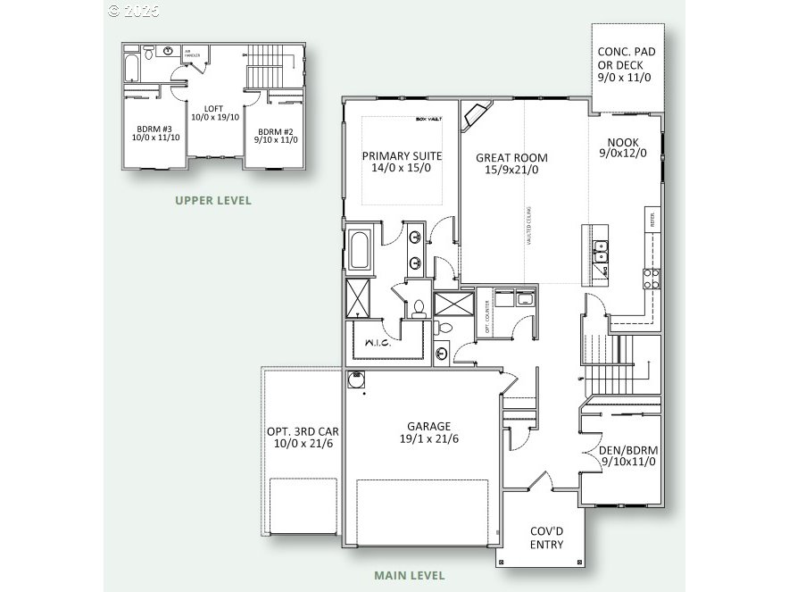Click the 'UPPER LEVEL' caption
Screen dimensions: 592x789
pyautogui.click(x=213, y=200)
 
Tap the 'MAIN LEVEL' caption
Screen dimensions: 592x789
pyautogui.click(x=410, y=576)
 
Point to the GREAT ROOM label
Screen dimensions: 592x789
pyautogui.click(x=511, y=163)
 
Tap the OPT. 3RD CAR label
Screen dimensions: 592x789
pyautogui.click(x=303, y=437)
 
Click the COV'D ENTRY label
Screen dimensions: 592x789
pyautogui.click(x=546, y=538)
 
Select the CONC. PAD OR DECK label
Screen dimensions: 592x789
pyautogui.click(x=627, y=64)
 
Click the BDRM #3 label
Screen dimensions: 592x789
pyautogui.click(x=149, y=131)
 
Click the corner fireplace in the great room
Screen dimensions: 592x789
pyautogui.click(x=475, y=115)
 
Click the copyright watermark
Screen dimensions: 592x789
pyautogui.click(x=134, y=11)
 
